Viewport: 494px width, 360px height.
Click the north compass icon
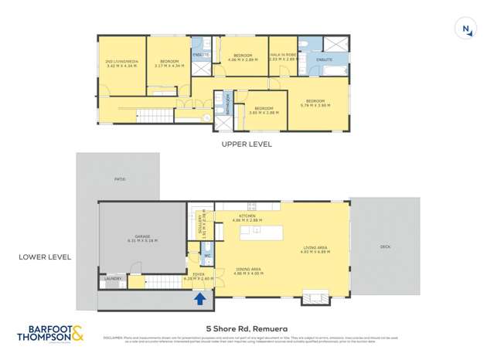[466, 30]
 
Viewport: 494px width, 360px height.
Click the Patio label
[119, 179]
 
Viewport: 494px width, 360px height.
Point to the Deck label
[386, 248]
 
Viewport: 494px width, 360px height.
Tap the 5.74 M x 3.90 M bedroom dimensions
[317, 104]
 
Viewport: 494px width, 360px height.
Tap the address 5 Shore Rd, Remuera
[247, 326]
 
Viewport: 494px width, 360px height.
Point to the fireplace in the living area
[316, 297]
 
